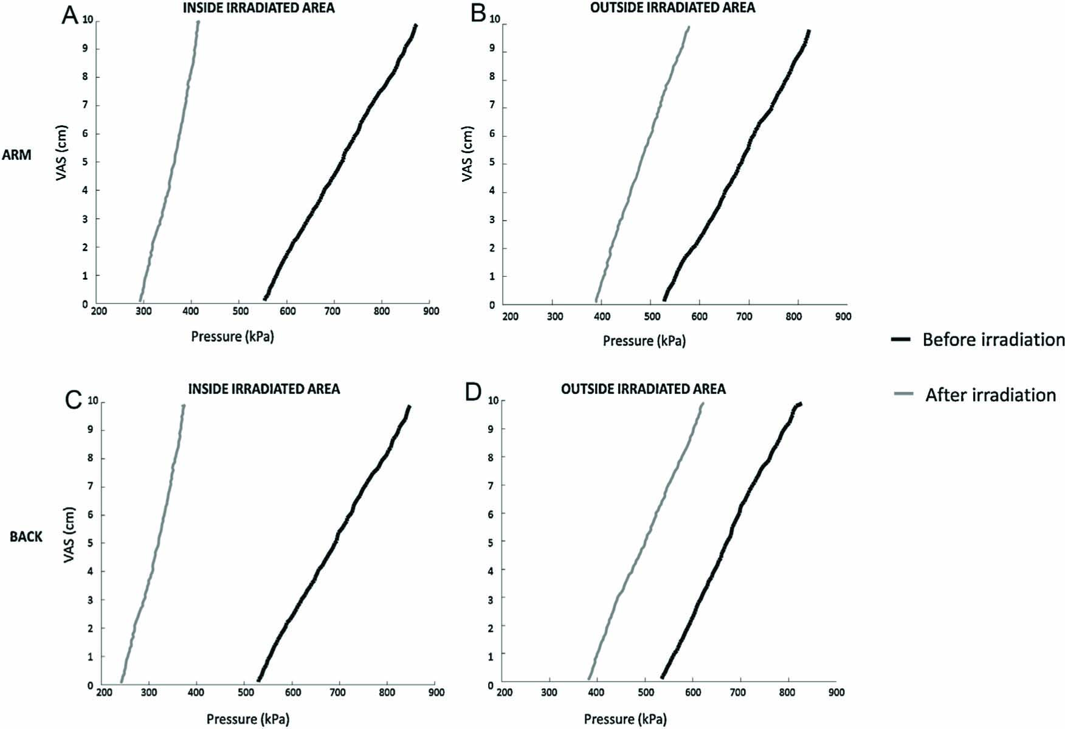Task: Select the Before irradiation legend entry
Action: (993, 339)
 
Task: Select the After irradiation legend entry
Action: (990, 395)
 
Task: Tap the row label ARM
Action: (16, 155)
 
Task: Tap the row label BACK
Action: (26, 537)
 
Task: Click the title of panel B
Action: (672, 8)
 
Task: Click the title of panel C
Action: (264, 389)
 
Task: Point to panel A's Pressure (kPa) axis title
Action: (232, 336)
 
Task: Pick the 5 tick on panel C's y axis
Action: (89, 544)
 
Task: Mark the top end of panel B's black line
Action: (808, 30)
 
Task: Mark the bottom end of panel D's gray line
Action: (588, 678)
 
